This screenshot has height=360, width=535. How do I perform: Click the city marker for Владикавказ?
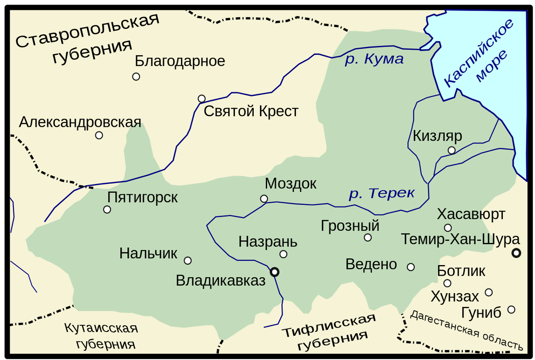[275, 271]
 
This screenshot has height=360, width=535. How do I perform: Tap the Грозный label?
[350, 226]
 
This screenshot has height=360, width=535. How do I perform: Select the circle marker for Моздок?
[264, 199]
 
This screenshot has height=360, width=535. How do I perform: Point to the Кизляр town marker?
[452, 150]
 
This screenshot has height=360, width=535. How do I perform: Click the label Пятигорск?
[143, 197]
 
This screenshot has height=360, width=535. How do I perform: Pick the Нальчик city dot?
[188, 260]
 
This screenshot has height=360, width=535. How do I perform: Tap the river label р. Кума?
[374, 59]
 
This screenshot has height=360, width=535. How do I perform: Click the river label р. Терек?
[382, 194]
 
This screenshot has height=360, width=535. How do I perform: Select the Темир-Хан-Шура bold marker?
[516, 253]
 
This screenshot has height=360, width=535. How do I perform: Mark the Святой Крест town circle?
[202, 98]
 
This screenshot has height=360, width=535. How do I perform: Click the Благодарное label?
[180, 61]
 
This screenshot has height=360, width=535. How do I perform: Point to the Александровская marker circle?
[99, 135]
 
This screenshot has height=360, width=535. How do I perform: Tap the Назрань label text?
[267, 242]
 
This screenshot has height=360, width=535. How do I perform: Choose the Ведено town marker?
[411, 267]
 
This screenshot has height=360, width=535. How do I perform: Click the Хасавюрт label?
[471, 214]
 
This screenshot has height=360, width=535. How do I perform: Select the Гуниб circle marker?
[511, 309]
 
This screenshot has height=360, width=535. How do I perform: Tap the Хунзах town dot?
[489, 292]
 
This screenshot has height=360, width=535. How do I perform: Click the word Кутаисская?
[101, 329]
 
